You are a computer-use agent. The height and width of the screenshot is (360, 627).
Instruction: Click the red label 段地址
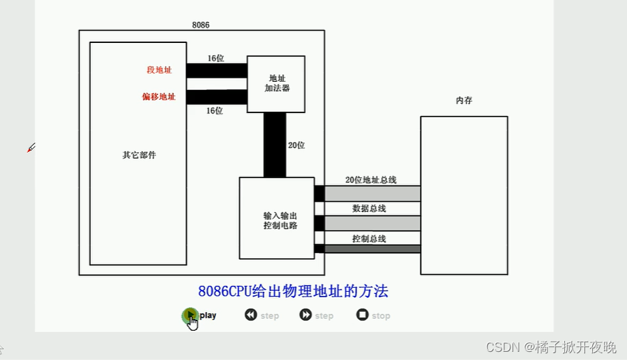tap(159, 70)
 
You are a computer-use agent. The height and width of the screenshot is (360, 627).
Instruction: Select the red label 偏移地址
tap(158, 97)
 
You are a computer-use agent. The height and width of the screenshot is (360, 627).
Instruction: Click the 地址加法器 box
tap(276, 84)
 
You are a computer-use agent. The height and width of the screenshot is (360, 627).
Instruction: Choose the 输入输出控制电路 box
tap(276, 218)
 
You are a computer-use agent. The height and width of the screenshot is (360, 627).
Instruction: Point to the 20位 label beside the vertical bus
tap(296, 145)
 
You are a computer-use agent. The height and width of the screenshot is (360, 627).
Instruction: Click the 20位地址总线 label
tap(371, 180)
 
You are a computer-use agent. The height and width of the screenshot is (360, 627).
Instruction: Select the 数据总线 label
tap(369, 209)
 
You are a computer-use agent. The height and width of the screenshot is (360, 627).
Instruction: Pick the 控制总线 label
tap(369, 239)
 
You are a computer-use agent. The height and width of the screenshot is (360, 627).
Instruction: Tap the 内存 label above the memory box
tap(463, 100)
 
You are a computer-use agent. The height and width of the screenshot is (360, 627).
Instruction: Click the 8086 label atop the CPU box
tap(201, 25)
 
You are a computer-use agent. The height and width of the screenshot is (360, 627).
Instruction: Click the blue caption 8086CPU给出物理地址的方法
tap(293, 292)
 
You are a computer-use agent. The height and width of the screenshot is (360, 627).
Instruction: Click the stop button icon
tap(363, 315)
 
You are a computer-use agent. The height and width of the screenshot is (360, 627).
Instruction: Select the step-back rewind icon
tap(251, 315)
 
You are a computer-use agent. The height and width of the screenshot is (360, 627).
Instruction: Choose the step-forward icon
tap(305, 315)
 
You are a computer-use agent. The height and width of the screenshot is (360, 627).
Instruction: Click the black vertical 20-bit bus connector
tap(275, 145)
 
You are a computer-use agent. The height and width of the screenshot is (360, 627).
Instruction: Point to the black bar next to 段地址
tap(216, 71)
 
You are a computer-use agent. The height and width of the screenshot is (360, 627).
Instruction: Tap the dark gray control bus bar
tap(371, 249)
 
